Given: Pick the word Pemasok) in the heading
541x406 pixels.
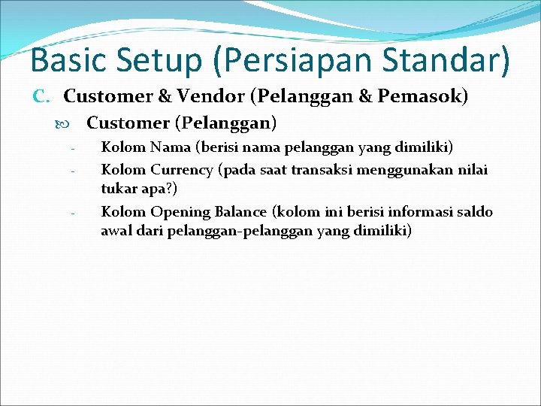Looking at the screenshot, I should pyautogui.click(x=425, y=96).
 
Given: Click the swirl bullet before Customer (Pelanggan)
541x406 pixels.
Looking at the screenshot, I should pyautogui.click(x=74, y=122).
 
